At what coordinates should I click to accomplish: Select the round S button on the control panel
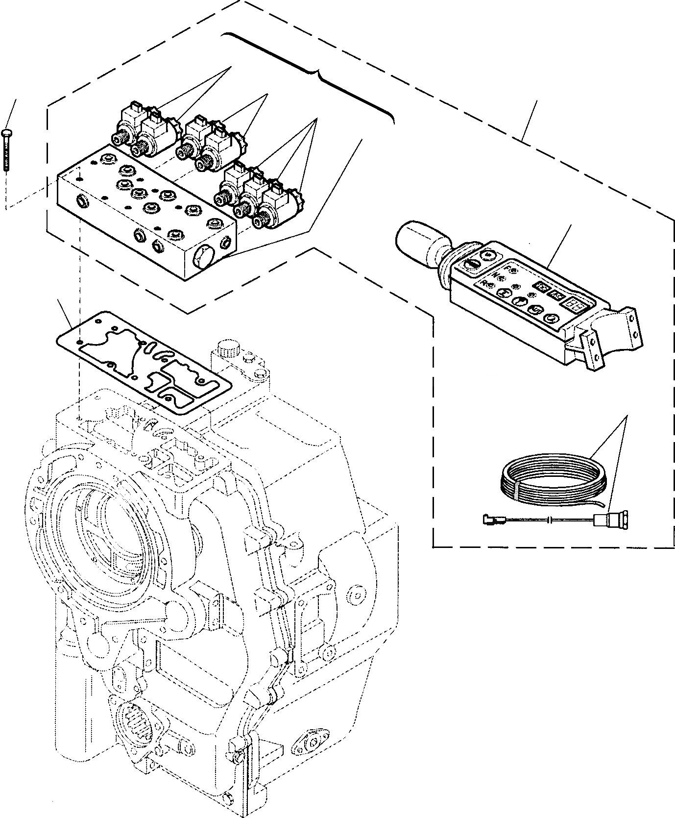click(535, 309)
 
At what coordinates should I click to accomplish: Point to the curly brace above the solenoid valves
click(313, 71)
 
